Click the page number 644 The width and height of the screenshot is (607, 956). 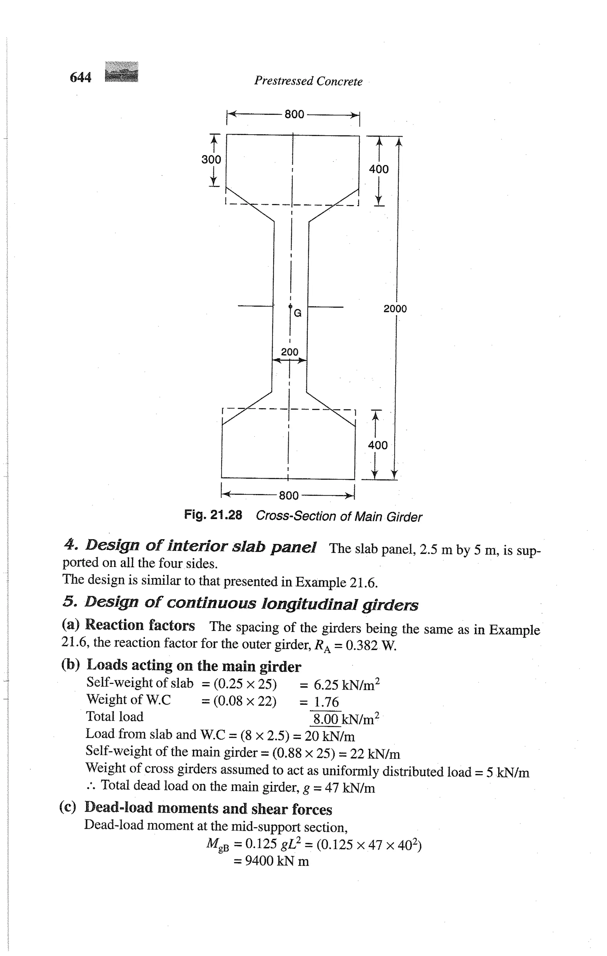81,77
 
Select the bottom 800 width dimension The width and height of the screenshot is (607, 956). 289,495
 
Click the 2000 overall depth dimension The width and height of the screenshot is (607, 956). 395,308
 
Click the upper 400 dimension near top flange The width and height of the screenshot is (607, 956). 379,169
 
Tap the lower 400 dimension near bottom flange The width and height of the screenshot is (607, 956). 378,445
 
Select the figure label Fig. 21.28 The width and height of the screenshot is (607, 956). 213,515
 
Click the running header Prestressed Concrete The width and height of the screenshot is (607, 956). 308,81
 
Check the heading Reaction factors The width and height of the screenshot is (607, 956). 140,625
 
